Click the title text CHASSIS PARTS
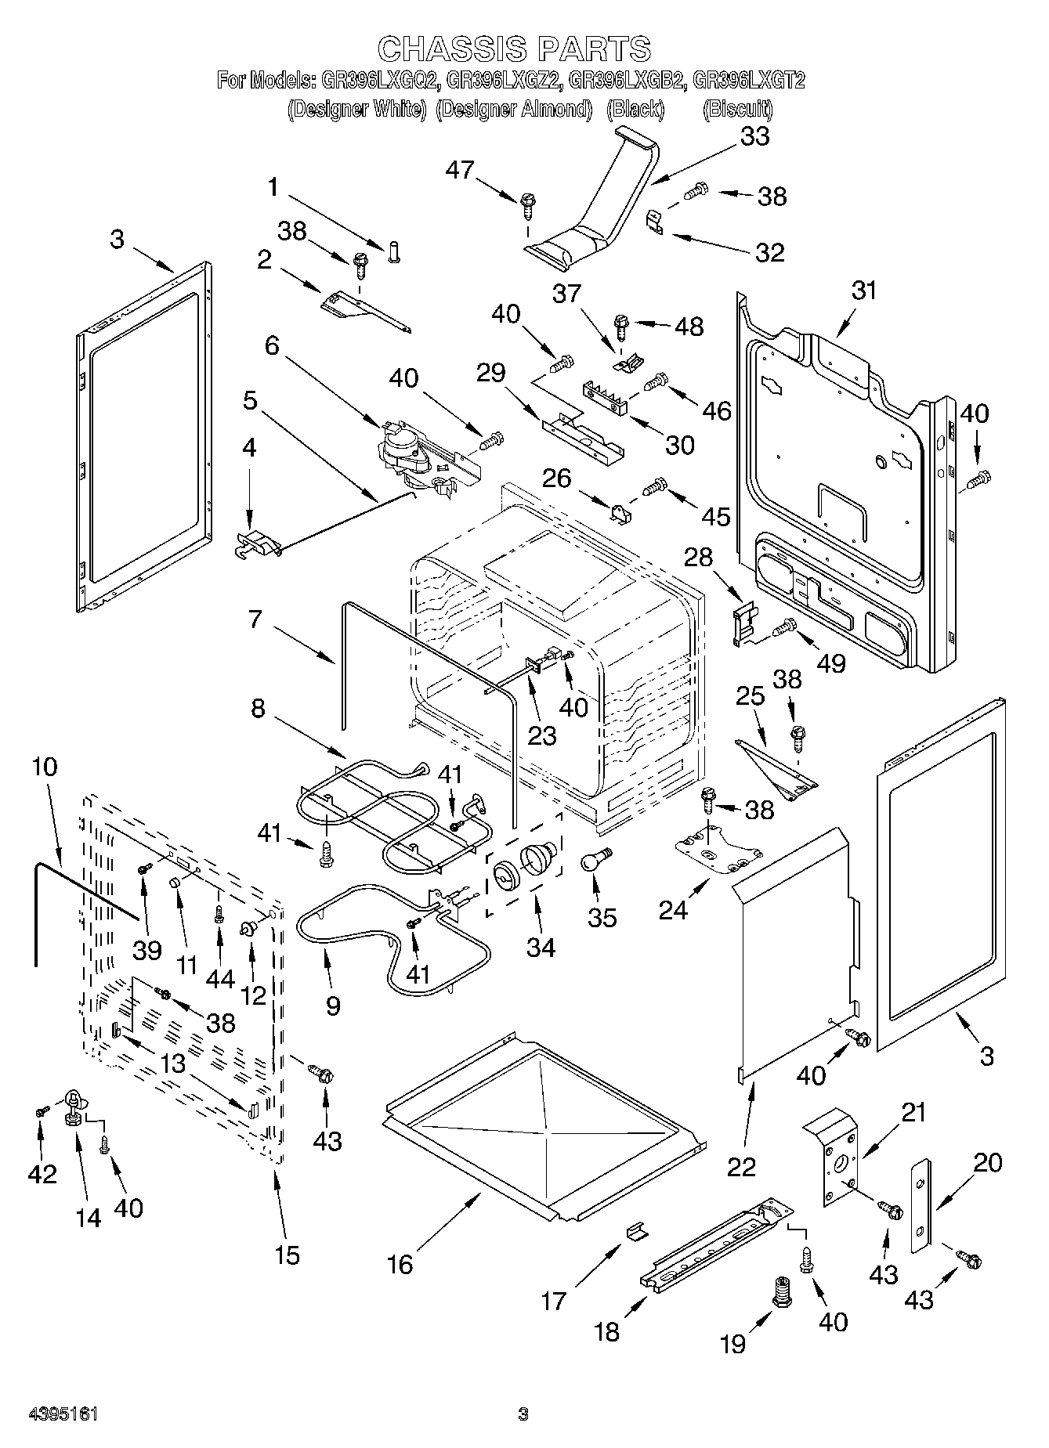point(514,49)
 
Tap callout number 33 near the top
point(754,136)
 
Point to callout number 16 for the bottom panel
point(400,1264)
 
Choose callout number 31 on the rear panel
point(864,291)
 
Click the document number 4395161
point(63,1414)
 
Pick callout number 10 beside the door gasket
point(45,767)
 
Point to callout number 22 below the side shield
point(741,1166)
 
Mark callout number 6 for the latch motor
point(272,345)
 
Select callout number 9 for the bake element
point(332,1006)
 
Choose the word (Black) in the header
point(635,110)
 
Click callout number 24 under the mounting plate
point(673,909)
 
